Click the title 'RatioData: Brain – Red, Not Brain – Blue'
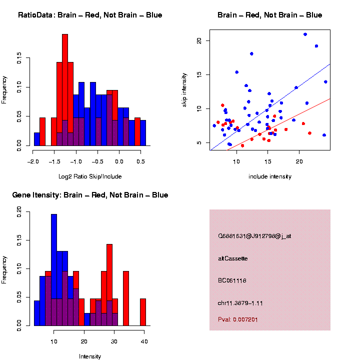click(x=90, y=15)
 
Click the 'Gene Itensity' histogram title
click(x=90, y=195)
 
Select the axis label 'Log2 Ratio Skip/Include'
click(x=90, y=176)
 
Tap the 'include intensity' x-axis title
click(x=270, y=176)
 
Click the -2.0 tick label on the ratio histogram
click(x=33, y=161)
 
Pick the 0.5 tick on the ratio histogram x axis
click(x=140, y=161)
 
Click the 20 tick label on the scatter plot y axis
click(x=199, y=40)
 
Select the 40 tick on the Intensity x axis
click(x=144, y=342)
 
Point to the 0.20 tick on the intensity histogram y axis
click(x=19, y=212)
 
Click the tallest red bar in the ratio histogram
click(x=65, y=90)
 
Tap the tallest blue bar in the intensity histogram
click(x=54, y=270)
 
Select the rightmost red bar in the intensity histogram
click(x=143, y=312)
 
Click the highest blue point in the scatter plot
click(x=305, y=34)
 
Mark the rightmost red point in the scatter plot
click(x=309, y=133)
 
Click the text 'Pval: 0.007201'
click(x=238, y=319)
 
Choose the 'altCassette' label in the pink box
click(x=233, y=258)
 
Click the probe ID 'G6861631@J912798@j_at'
click(x=254, y=236)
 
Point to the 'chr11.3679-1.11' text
click(x=240, y=303)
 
